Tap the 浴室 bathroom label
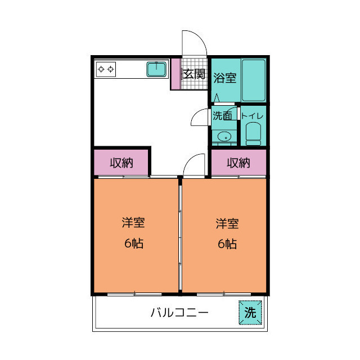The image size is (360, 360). pyautogui.click(x=224, y=78)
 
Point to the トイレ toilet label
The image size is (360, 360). pyautogui.click(x=253, y=116)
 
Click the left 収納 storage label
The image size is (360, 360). pyautogui.click(x=121, y=163)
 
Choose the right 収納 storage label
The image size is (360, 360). pyautogui.click(x=238, y=163)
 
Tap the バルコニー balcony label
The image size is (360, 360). pyautogui.click(x=179, y=313)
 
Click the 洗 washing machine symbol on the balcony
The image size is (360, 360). pyautogui.click(x=250, y=313)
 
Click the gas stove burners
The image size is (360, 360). pyautogui.click(x=106, y=70)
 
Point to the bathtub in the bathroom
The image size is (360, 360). pyautogui.click(x=253, y=80)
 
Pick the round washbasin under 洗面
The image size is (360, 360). pyautogui.click(x=224, y=136)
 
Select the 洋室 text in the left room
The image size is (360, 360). pyautogui.click(x=133, y=223)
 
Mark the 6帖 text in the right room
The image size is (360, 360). pyautogui.click(x=227, y=244)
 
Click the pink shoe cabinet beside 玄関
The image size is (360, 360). pyautogui.click(x=175, y=73)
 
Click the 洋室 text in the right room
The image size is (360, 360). pyautogui.click(x=227, y=223)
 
